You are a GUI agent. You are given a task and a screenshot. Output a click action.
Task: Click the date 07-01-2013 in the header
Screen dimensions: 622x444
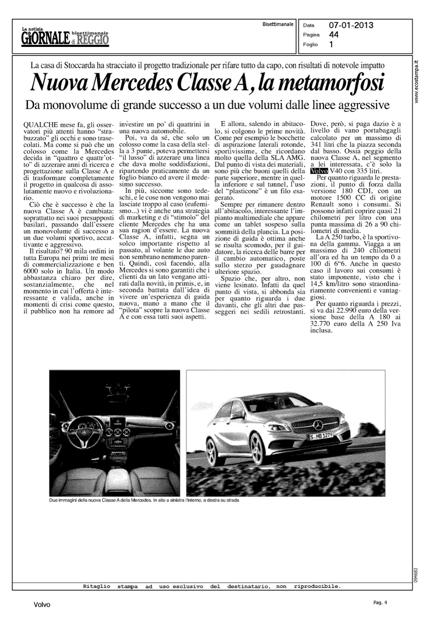(351, 26)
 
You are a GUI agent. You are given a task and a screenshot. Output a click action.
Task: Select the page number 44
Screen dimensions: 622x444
(334, 35)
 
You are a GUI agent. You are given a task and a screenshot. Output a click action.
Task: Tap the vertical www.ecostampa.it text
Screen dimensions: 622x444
(417, 82)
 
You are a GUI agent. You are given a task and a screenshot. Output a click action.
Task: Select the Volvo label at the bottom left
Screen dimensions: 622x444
(42, 605)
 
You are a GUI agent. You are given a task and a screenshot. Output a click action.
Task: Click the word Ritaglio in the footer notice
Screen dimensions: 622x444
(97, 587)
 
